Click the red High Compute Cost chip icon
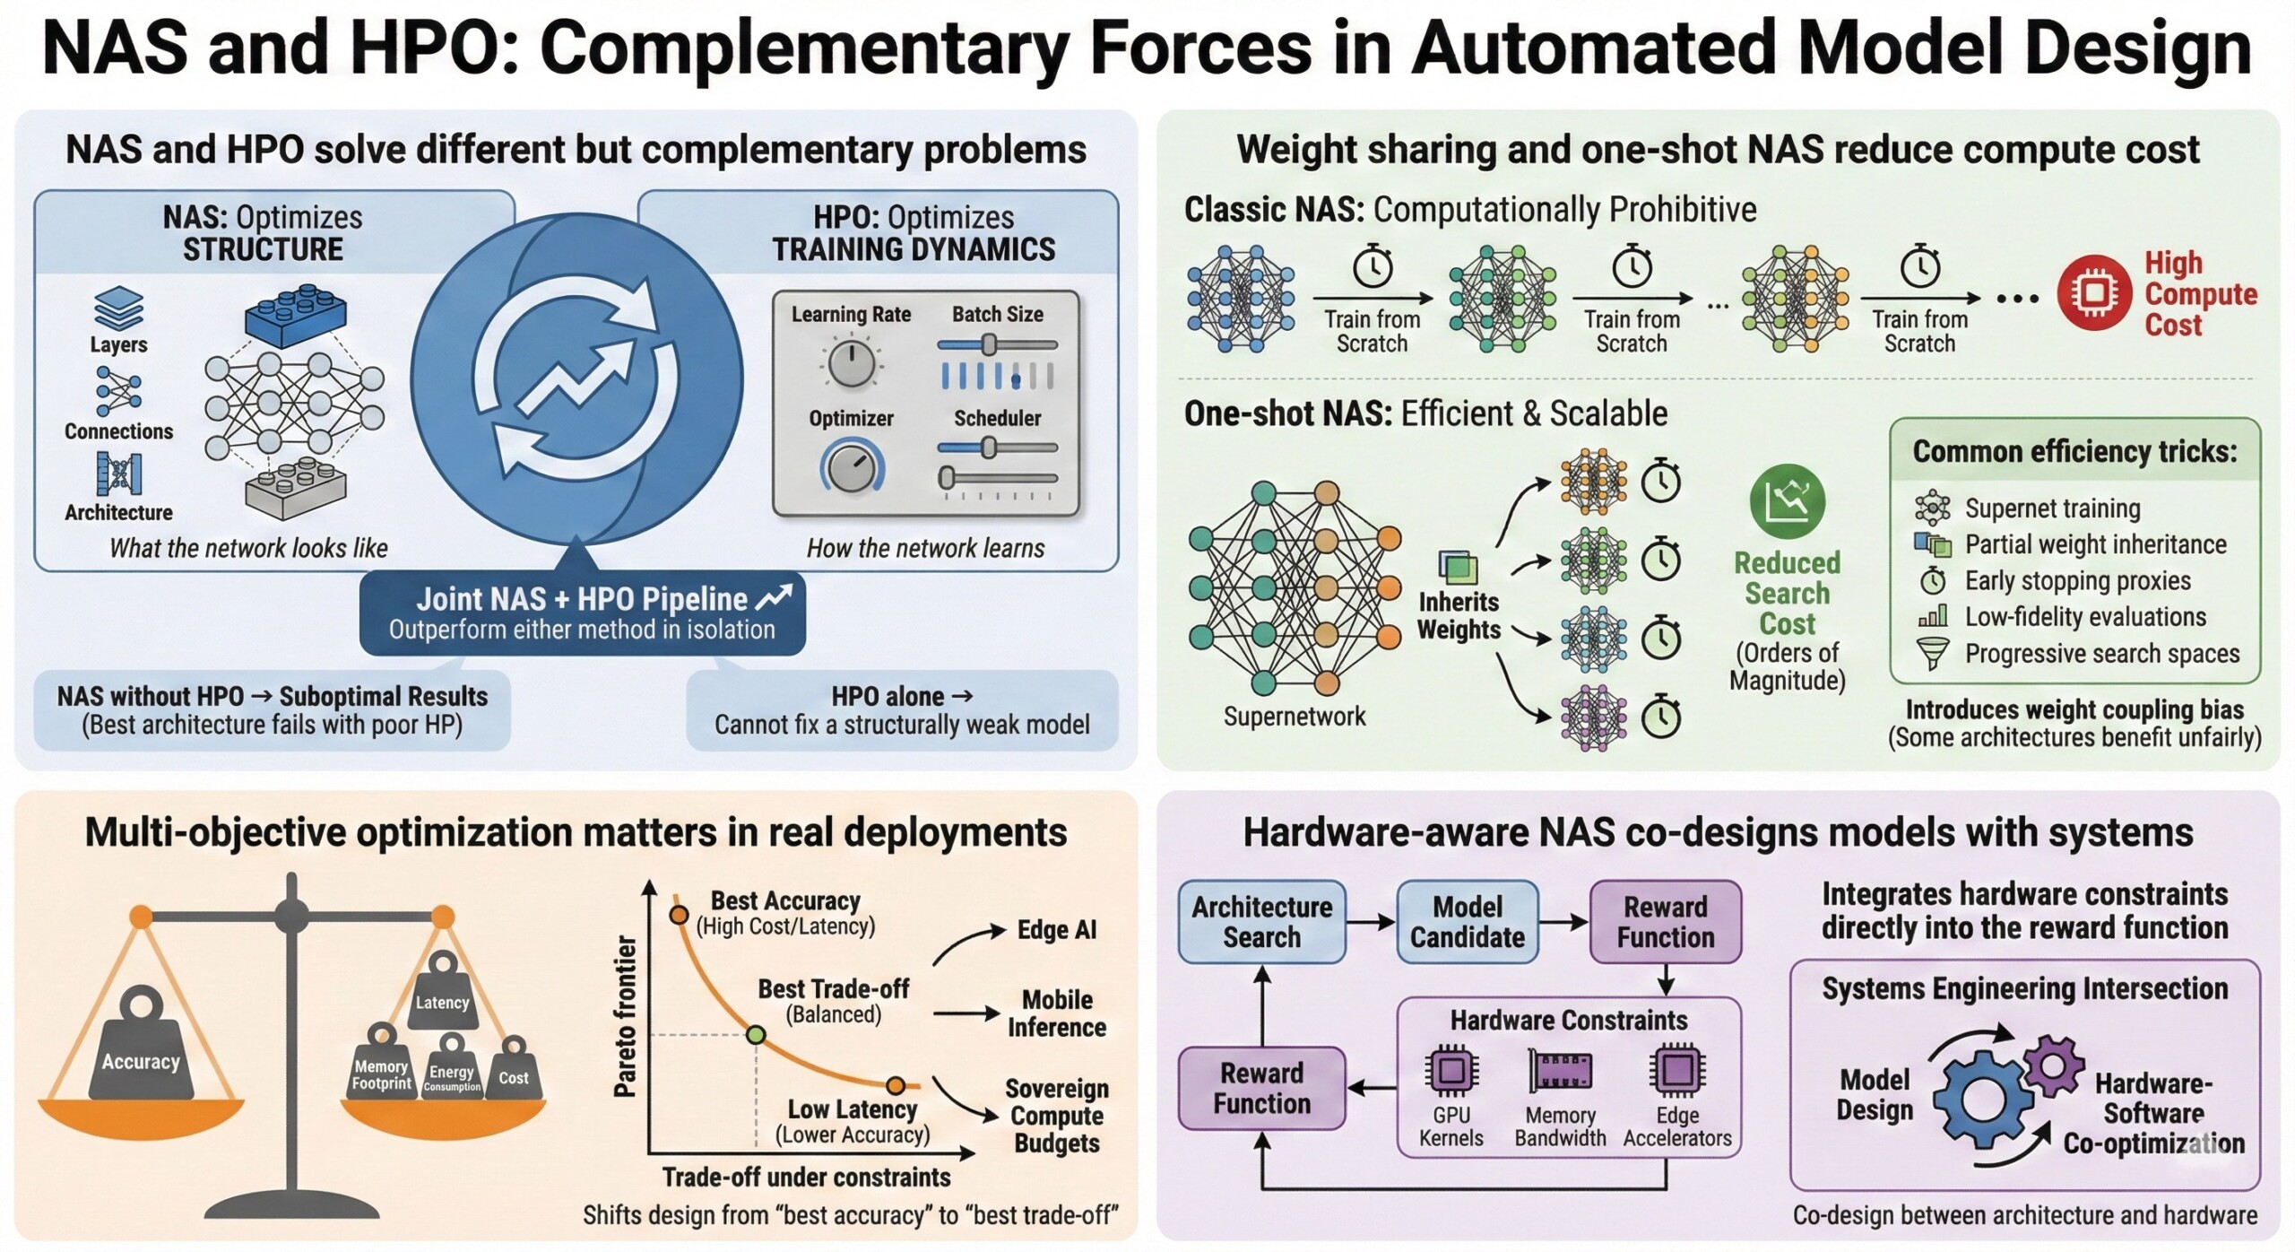[x=2093, y=293]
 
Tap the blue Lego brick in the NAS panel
[x=296, y=316]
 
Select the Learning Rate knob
[x=850, y=364]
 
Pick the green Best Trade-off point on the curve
[x=756, y=1035]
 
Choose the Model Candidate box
[x=1467, y=922]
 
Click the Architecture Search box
[x=1261, y=922]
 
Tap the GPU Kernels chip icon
[x=1451, y=1070]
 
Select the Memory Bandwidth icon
[x=1560, y=1071]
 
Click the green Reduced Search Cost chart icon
[x=1787, y=501]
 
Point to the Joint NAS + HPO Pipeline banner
[x=583, y=613]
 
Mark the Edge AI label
[x=1056, y=930]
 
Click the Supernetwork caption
[x=1294, y=716]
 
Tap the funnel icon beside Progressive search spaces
[x=1933, y=653]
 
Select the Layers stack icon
[x=118, y=308]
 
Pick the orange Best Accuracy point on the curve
[x=679, y=915]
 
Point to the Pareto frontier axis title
[x=625, y=1016]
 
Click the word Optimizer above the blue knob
[x=851, y=418]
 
